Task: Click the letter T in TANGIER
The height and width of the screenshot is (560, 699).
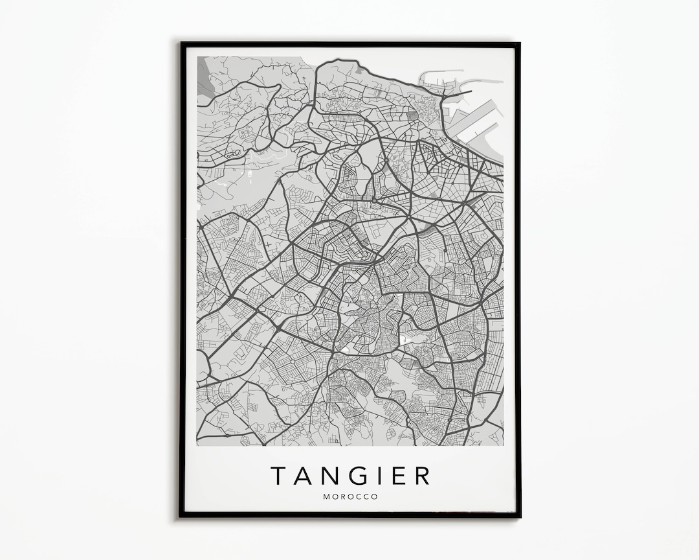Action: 280,476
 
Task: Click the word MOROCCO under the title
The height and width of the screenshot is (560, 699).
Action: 350,497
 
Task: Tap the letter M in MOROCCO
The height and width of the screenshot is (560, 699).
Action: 326,497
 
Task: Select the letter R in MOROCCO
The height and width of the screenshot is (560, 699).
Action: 343,497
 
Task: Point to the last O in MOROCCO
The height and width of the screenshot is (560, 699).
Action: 374,497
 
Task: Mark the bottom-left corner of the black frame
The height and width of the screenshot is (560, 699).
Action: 182,517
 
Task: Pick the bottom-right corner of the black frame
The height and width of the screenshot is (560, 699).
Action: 519,517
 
